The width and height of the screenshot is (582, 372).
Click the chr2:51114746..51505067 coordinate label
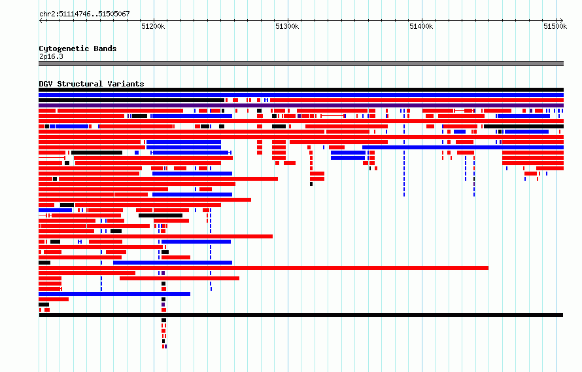coord(84,14)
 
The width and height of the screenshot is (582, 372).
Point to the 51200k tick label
coord(153,26)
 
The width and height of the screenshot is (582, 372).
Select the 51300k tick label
coord(287,26)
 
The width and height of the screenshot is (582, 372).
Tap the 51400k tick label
coord(421,26)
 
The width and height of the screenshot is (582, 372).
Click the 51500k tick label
coord(555,26)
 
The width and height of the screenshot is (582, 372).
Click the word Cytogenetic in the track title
coord(64,48)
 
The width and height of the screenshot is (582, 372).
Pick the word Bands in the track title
coord(105,48)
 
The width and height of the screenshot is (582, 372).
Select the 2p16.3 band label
coord(51,56)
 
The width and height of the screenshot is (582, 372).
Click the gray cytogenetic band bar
coord(301,64)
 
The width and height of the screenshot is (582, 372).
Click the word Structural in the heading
coord(80,84)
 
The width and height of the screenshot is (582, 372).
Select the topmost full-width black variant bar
coord(301,90)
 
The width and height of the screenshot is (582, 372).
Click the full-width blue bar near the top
coord(301,95)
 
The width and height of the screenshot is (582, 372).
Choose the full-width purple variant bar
coord(301,105)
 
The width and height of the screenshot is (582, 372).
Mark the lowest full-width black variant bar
coord(301,315)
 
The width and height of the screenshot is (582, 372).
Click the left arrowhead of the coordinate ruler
coord(41,21)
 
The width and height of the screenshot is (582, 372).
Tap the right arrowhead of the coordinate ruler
coord(561,21)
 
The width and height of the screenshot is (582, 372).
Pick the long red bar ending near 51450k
coord(264,268)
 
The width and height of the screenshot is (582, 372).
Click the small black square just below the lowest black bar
coord(163,320)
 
